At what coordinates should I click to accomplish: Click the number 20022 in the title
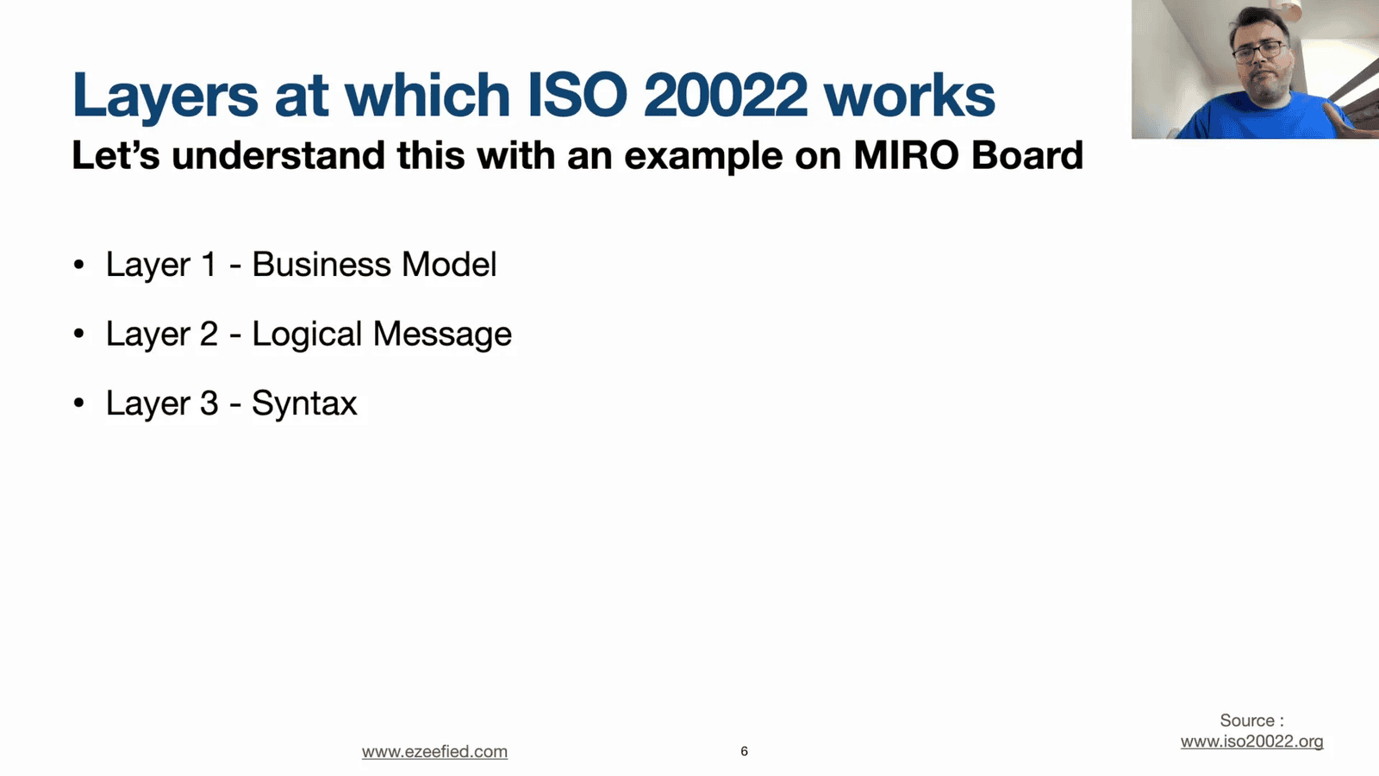coord(725,95)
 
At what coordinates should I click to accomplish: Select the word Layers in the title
coord(165,97)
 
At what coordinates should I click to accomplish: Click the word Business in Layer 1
coord(321,264)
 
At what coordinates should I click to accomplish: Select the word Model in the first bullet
coord(449,264)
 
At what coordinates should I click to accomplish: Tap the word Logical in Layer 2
coord(307,335)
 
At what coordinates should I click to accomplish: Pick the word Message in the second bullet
coord(442,335)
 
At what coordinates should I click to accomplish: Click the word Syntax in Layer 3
coord(304,404)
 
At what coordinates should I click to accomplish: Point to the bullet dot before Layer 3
coord(78,404)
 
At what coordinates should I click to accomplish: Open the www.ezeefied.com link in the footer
coord(434,751)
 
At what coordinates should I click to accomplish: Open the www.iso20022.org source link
coord(1251,742)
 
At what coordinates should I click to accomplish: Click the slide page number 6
coord(745,751)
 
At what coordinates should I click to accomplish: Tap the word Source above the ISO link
coord(1247,721)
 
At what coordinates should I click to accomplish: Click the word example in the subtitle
coord(703,156)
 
